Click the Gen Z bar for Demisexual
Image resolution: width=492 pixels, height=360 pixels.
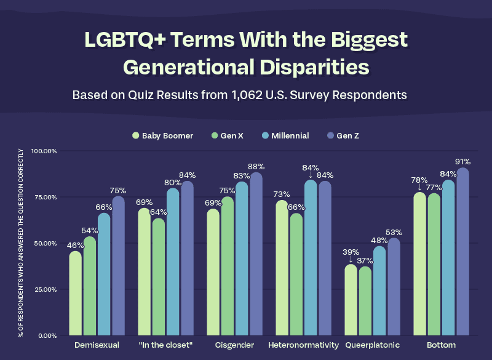119,266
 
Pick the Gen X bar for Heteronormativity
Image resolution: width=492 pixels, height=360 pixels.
296,274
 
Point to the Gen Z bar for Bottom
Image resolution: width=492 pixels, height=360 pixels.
462,252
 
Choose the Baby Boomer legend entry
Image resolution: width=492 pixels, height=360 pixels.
162,135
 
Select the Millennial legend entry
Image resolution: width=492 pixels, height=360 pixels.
285,135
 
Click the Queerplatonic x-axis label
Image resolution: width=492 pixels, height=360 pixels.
373,345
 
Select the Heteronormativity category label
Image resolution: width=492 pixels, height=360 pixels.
304,345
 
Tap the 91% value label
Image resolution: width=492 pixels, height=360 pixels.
462,162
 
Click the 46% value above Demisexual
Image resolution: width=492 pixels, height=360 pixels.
76,246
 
